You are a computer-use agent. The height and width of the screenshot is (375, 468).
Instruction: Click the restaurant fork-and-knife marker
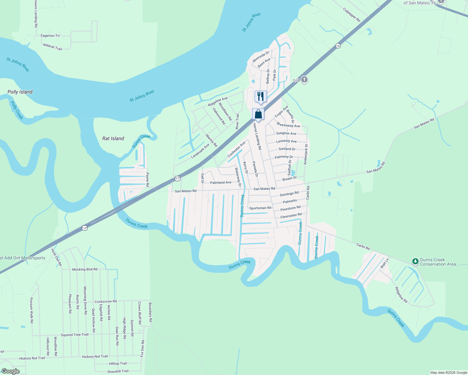[261, 97]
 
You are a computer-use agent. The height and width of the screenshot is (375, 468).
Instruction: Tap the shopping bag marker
[258, 114]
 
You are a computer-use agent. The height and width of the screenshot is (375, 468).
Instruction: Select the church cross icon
[304, 80]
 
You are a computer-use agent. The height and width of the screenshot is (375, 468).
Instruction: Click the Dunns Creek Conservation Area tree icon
[415, 261]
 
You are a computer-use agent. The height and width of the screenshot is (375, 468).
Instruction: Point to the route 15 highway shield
[338, 46]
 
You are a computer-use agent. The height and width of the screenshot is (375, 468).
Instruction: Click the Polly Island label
[20, 92]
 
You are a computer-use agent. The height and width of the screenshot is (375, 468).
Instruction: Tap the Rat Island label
[113, 138]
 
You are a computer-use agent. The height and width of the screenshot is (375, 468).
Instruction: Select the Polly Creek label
[17, 110]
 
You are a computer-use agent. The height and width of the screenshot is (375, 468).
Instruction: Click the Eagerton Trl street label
[50, 36]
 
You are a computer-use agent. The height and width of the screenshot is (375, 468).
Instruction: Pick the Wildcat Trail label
[53, 47]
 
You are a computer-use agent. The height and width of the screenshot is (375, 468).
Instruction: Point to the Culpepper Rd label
[352, 15]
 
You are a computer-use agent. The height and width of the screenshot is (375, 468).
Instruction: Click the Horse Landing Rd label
[257, 136]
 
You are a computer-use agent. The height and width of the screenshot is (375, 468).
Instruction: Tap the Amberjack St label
[306, 154]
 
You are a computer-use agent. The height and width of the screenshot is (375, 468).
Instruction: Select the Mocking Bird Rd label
[85, 269]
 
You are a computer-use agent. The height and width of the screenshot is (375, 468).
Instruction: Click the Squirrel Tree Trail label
[75, 335]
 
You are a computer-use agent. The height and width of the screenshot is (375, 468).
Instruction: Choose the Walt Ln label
[384, 263]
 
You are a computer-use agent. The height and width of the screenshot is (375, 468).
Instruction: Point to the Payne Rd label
[147, 180]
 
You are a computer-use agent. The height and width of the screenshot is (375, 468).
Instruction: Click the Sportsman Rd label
[260, 208]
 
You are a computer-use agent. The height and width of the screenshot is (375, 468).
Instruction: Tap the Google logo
[11, 371]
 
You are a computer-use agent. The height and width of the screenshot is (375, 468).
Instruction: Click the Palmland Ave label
[221, 182]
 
